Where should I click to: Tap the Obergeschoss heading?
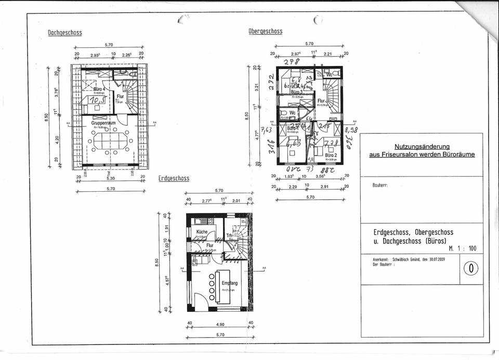265,31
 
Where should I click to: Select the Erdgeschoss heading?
174,178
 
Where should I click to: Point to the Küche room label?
202,232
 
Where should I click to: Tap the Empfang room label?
229,283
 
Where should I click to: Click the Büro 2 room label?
332,155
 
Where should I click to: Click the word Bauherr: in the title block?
380,185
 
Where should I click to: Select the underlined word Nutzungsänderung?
422,146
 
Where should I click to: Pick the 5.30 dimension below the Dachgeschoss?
110,177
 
